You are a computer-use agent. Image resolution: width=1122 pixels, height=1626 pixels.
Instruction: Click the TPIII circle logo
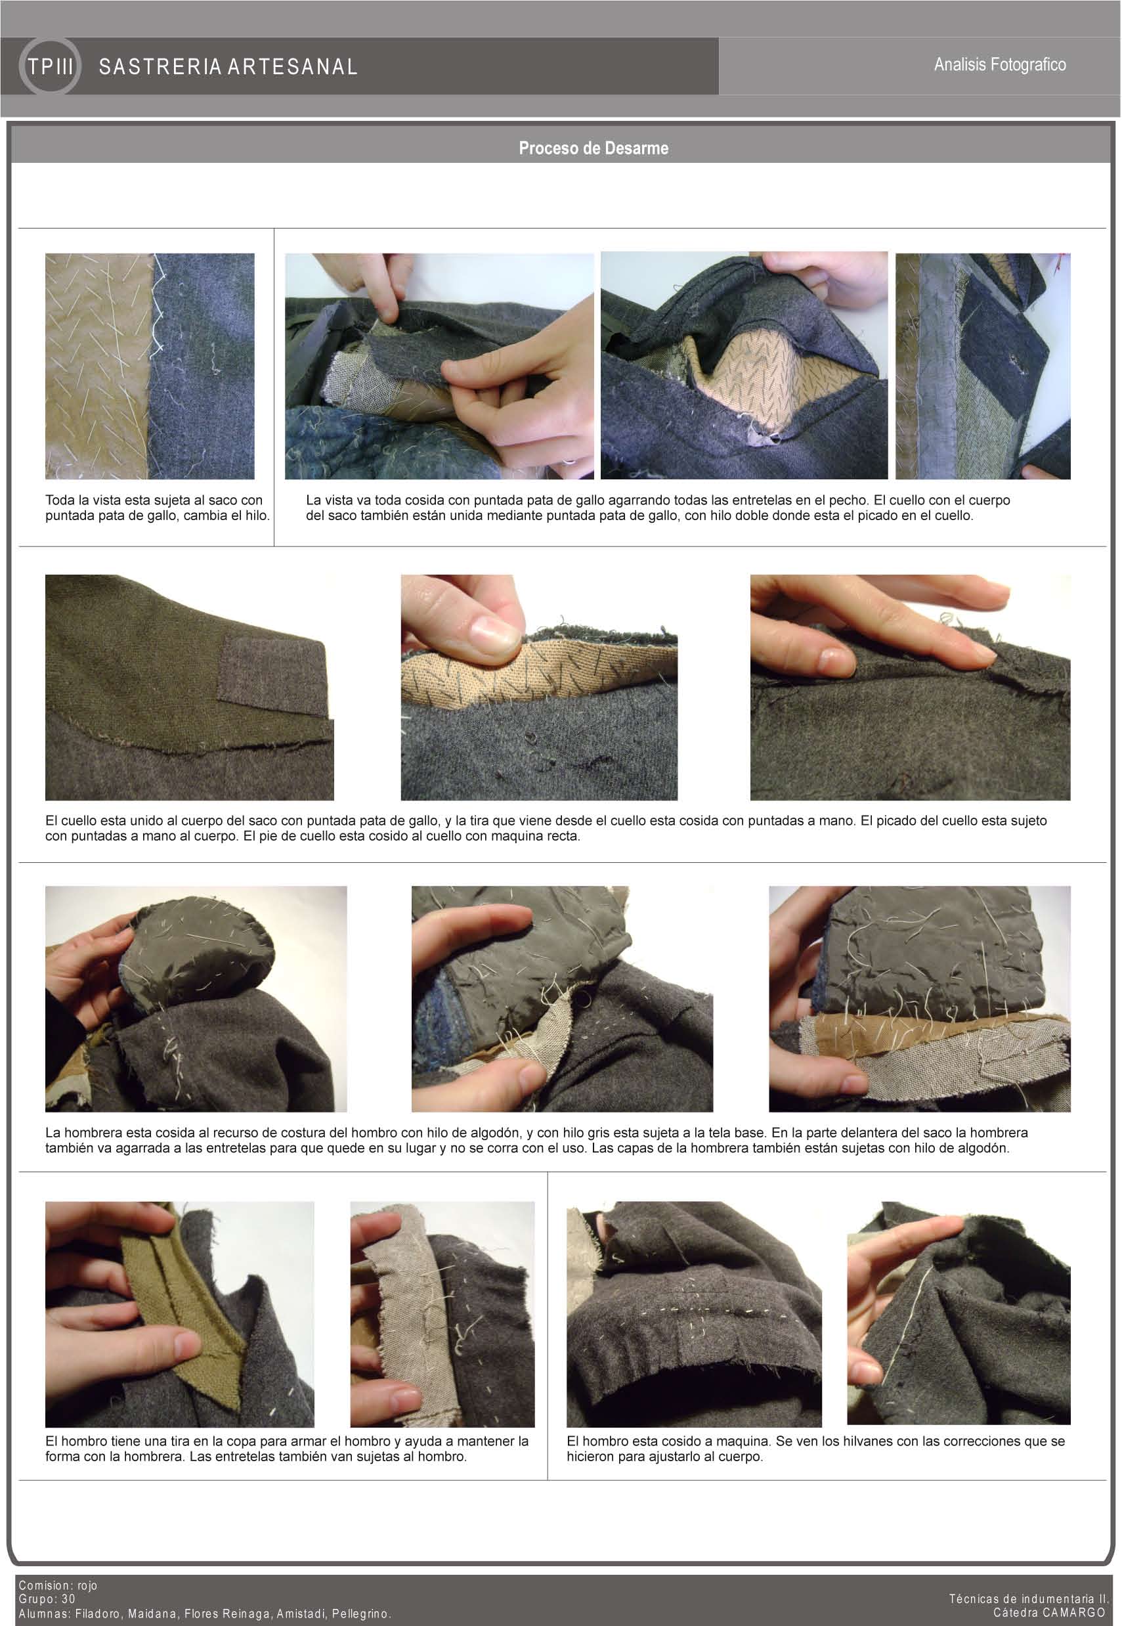(x=49, y=67)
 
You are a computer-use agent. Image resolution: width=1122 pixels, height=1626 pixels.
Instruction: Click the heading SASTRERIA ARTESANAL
(x=228, y=67)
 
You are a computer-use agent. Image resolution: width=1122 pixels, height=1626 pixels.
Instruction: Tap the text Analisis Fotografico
(x=1000, y=64)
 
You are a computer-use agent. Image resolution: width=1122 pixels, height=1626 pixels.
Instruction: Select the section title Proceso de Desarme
(x=593, y=148)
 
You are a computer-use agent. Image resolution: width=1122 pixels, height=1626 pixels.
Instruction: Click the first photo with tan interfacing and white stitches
(x=150, y=366)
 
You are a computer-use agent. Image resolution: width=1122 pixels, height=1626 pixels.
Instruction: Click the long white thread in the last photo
(x=907, y=1321)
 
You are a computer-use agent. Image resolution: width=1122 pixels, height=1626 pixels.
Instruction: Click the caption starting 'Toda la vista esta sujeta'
(x=158, y=508)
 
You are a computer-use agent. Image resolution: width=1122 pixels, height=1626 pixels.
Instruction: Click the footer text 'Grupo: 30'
(x=47, y=1598)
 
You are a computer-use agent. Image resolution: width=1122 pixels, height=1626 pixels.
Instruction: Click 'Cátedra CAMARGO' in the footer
(x=1049, y=1612)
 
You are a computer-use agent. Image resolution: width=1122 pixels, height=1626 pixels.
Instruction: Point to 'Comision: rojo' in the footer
(x=58, y=1585)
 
